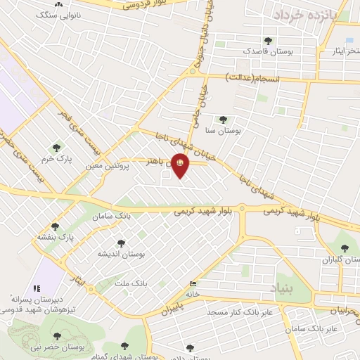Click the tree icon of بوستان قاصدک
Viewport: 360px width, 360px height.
tap(267, 40)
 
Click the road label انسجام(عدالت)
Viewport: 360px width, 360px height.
tap(252, 79)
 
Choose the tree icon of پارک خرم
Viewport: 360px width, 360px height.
tap(57, 148)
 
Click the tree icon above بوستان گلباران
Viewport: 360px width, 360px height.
tap(345, 247)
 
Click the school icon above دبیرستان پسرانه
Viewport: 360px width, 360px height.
tap(37, 288)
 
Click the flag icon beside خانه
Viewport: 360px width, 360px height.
tap(193, 283)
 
